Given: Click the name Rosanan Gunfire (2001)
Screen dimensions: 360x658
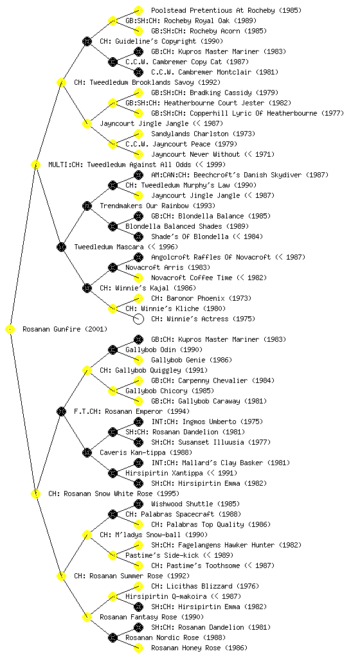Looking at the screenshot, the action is pyautogui.click(x=65, y=330).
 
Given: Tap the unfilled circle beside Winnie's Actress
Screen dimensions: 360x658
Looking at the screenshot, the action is pyautogui.click(x=138, y=319).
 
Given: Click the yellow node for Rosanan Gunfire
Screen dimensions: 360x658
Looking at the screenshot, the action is pyautogui.click(x=10, y=330).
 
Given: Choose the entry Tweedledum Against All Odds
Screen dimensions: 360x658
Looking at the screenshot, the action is pyautogui.click(x=139, y=164).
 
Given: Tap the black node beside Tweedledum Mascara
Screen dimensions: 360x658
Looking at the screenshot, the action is pyautogui.click(x=61, y=247).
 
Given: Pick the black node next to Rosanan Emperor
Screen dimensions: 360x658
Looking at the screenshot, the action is pyautogui.click(x=61, y=411).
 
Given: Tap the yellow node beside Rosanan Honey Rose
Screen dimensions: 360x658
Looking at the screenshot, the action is pyautogui.click(x=138, y=648).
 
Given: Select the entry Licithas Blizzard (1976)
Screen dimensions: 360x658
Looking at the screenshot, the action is pyautogui.click(x=205, y=586).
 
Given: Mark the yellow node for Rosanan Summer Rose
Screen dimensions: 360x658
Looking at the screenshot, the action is pyautogui.click(x=61, y=576).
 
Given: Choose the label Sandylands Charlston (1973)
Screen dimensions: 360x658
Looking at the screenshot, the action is pyautogui.click(x=203, y=134).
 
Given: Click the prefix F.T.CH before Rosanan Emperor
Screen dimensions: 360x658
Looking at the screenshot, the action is pyautogui.click(x=86, y=411).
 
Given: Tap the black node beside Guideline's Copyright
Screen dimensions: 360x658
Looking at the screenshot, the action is pyautogui.click(x=87, y=41).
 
